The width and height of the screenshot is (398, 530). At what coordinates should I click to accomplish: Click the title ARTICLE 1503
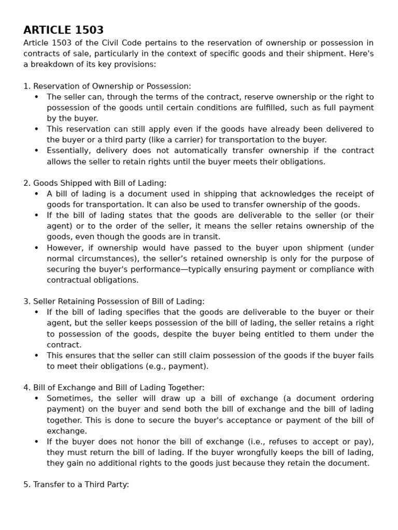pos(63,30)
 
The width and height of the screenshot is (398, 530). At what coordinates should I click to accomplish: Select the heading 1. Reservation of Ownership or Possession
pos(107,86)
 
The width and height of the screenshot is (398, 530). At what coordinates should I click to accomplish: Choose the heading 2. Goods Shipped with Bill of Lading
pos(95,183)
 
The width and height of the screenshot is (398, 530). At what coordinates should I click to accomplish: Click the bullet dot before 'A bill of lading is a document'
pos(36,194)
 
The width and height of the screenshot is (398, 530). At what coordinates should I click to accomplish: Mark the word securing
pos(64,269)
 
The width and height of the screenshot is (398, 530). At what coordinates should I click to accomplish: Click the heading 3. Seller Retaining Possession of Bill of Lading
pos(113,302)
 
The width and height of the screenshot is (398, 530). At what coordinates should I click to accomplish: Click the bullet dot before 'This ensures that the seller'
pos(36,356)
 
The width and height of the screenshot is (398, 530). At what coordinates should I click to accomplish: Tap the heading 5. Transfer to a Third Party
pos(76,485)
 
